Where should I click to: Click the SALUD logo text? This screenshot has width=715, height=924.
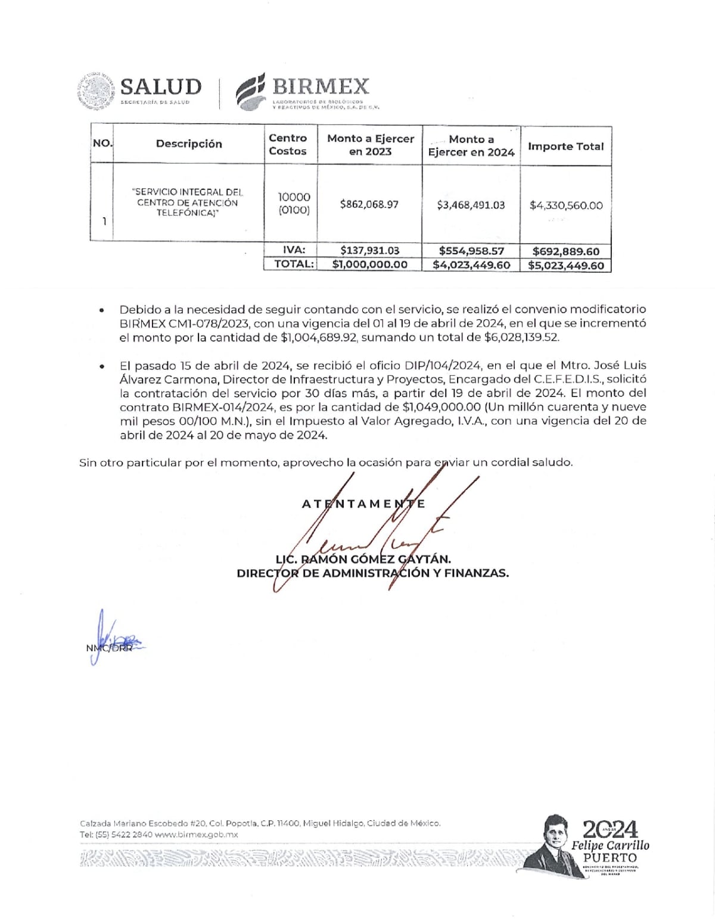[161, 87]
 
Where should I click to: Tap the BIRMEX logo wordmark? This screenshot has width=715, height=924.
[321, 87]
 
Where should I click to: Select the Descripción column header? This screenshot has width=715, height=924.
[189, 143]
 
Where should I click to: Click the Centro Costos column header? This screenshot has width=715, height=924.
[288, 144]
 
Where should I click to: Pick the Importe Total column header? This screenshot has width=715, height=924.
[565, 146]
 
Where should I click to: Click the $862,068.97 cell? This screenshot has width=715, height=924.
[369, 204]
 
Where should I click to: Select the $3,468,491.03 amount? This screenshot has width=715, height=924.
[471, 205]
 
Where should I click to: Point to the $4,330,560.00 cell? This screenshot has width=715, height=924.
[566, 205]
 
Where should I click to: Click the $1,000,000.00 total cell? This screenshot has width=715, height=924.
[370, 264]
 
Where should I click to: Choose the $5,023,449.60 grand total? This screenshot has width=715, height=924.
[566, 266]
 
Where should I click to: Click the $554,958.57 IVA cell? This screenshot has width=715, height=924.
[471, 251]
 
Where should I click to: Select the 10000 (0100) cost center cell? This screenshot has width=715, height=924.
[294, 203]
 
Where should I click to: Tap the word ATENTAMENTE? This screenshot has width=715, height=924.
[363, 504]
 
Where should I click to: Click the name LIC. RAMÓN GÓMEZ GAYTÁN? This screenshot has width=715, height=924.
[363, 559]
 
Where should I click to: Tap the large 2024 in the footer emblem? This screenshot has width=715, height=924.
[610, 829]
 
